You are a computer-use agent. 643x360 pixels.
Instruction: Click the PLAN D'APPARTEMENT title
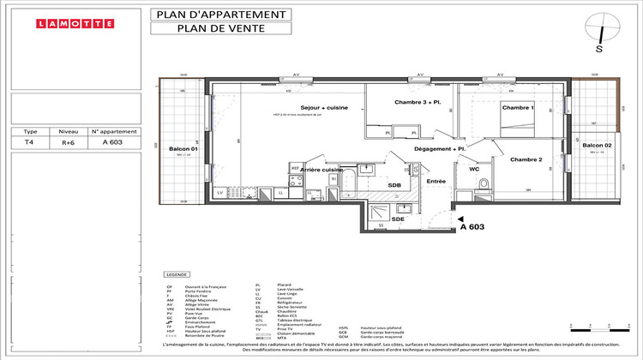tap(219, 14)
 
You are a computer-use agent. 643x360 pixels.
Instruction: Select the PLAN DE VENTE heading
tap(219, 27)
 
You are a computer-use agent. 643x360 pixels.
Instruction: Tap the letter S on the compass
tap(600, 49)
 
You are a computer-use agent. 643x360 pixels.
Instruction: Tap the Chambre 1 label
tap(518, 108)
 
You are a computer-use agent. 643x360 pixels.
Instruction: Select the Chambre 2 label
tap(526, 160)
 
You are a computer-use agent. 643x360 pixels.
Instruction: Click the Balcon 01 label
tap(183, 149)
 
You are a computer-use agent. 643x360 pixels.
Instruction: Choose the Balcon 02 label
tap(598, 146)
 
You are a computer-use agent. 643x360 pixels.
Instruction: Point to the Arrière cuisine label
tap(321, 170)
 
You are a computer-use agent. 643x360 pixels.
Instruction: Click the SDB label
tap(394, 185)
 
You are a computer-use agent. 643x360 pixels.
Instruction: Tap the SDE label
tap(398, 219)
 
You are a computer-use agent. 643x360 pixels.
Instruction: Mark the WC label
tap(474, 170)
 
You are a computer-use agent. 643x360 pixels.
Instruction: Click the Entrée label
tap(436, 181)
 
